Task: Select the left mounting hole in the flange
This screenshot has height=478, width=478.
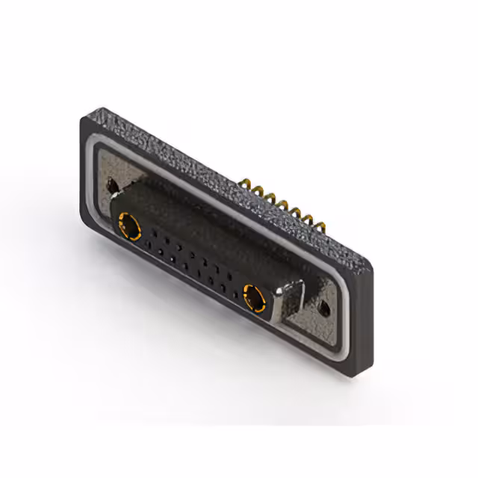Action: tap(112, 184)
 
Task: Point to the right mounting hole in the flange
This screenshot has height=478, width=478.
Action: tap(324, 306)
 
